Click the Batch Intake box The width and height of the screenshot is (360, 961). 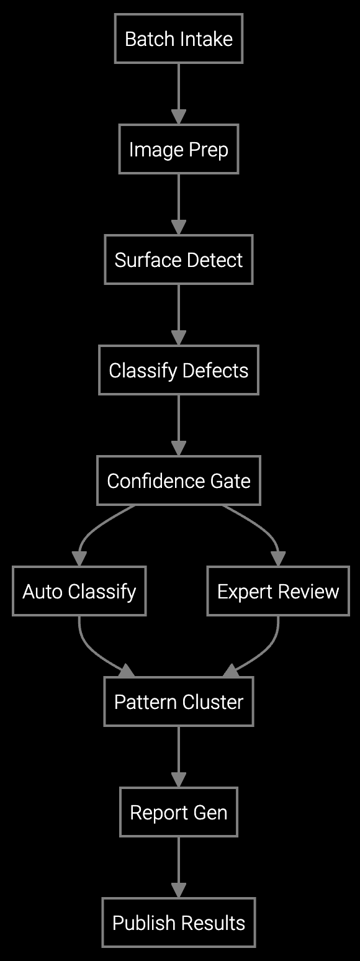point(179,39)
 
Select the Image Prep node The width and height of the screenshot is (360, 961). point(179,150)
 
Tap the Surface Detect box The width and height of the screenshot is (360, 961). point(179,259)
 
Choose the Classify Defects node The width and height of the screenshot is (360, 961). point(179,371)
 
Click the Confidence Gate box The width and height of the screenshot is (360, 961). point(179,481)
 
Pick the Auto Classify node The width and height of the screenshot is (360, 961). point(79,591)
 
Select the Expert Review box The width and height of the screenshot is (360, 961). point(278,591)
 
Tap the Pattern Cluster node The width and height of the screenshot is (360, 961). point(179,702)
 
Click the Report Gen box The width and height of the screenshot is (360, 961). point(179,813)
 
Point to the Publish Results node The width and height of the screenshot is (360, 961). point(179,923)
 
